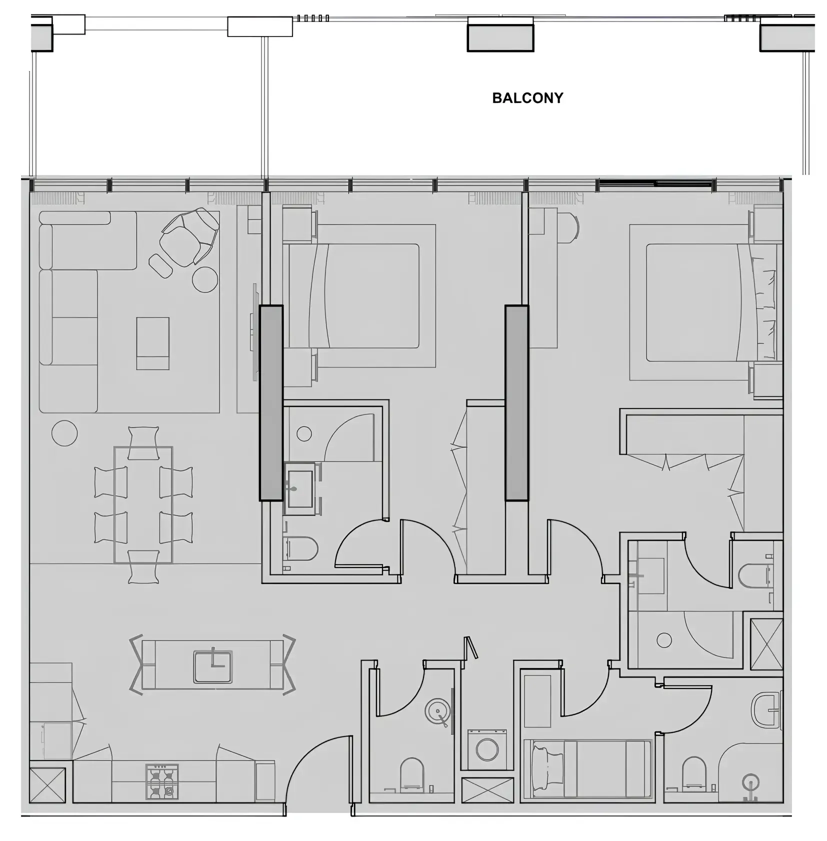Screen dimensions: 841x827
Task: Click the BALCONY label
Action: click(x=527, y=98)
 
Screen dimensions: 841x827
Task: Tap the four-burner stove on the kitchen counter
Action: click(x=162, y=781)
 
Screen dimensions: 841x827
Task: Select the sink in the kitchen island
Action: click(x=213, y=666)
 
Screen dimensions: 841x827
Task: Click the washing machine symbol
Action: click(x=487, y=749)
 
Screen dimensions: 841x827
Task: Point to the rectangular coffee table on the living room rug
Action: click(x=152, y=343)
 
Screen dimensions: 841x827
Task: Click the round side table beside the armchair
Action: click(x=205, y=279)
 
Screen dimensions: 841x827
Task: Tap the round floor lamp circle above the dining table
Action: click(x=64, y=432)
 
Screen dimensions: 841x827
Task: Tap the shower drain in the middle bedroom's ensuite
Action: click(x=304, y=433)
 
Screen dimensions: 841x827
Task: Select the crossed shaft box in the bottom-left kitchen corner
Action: click(x=47, y=785)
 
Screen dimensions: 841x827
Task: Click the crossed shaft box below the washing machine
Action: click(x=487, y=790)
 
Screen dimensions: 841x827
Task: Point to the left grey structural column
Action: click(x=271, y=402)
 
